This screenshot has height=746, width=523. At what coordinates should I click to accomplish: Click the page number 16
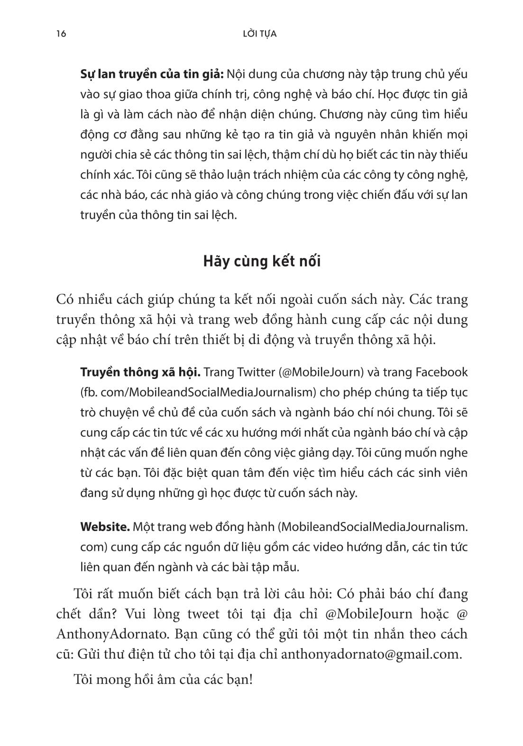pyautogui.click(x=60, y=34)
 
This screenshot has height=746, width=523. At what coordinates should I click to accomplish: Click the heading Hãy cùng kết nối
pyautogui.click(x=262, y=261)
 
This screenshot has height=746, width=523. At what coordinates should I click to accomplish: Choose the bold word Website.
pyautogui.click(x=105, y=527)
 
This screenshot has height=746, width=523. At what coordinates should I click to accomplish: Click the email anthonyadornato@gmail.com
pyautogui.click(x=371, y=654)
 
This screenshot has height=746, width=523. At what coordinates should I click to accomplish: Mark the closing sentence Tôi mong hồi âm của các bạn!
pyautogui.click(x=163, y=680)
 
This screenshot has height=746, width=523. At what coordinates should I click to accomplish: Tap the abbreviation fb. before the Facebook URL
pyautogui.click(x=88, y=393)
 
